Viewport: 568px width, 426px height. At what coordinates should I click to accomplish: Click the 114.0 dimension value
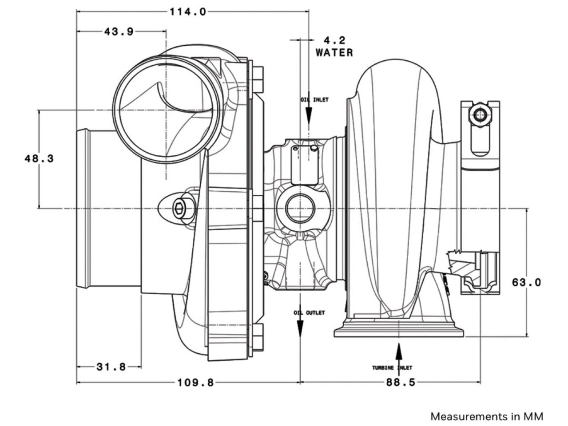pos(188,12)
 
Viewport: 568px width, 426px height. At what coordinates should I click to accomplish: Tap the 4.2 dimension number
pos(334,40)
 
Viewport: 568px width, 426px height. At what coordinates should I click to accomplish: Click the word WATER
pos(334,52)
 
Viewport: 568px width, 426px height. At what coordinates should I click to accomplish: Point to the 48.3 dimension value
pos(39,158)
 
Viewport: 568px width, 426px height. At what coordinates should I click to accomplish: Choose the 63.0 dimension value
pos(527,282)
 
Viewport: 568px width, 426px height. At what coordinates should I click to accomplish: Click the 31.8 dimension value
pos(111,367)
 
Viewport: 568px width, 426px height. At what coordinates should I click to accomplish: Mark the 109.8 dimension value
pos(196,382)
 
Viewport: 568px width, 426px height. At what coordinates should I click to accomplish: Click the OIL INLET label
pos(314,100)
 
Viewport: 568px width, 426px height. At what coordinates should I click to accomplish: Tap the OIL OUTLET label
pos(309,313)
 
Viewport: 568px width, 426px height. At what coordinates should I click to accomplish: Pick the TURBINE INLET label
pos(392,367)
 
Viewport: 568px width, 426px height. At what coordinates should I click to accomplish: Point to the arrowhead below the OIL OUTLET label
pos(300,331)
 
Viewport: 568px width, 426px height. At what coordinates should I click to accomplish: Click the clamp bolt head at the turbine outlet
pos(480,115)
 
